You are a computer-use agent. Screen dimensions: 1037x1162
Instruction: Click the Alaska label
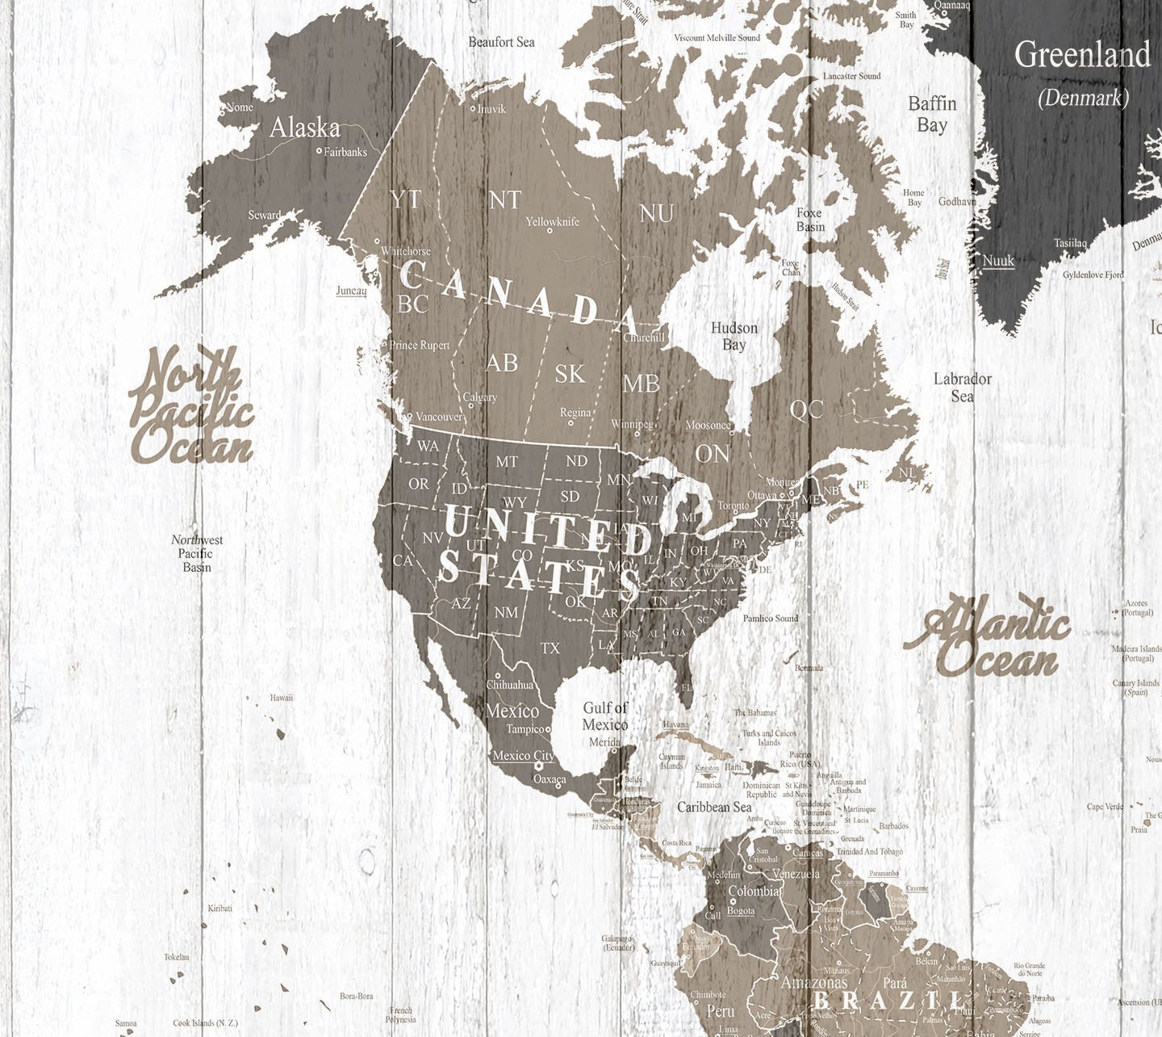(x=304, y=128)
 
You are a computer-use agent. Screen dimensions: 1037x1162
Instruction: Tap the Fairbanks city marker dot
(x=320, y=151)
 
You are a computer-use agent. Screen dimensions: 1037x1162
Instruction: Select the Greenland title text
(x=1081, y=55)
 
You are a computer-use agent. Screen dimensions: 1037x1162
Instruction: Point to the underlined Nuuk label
(x=998, y=260)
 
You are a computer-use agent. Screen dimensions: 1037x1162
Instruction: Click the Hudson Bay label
(x=734, y=336)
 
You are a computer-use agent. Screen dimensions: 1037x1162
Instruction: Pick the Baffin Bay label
(x=932, y=114)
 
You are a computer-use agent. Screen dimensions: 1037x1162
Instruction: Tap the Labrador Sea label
(x=962, y=387)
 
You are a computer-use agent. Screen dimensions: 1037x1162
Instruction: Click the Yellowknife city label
(x=553, y=220)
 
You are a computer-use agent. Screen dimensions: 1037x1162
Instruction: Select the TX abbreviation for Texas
(x=550, y=648)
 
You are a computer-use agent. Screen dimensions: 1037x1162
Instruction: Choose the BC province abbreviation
(x=413, y=304)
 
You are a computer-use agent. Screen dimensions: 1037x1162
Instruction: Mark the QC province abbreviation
(x=806, y=409)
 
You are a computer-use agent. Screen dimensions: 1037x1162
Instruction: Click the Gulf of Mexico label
(x=605, y=716)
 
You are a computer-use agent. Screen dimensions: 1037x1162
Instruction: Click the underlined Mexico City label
(x=523, y=756)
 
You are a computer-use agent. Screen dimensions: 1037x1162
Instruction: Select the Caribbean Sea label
(x=714, y=807)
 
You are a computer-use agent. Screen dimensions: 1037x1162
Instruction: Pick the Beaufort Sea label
(x=501, y=42)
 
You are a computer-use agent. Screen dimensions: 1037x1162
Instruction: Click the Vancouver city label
(x=440, y=417)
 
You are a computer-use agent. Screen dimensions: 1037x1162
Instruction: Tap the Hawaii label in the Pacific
(x=282, y=697)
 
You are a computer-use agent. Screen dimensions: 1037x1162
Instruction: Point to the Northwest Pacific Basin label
(x=196, y=553)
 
